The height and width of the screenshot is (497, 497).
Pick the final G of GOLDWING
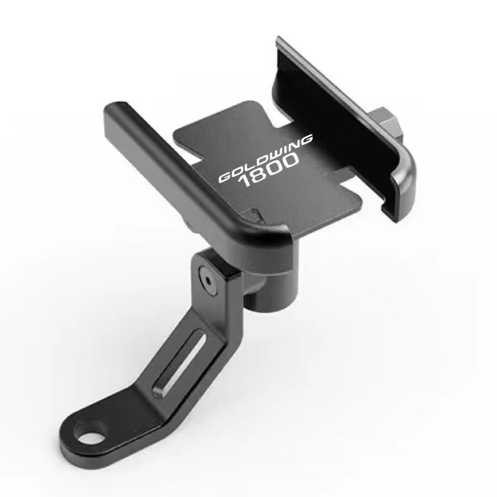click(x=305, y=142)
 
